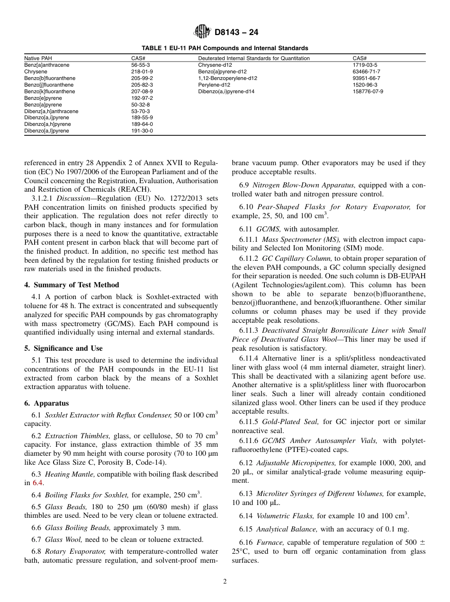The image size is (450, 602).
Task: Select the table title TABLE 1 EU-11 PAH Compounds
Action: tap(225, 48)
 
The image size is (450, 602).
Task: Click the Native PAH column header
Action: tap(38, 58)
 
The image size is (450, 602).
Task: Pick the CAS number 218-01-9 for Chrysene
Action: tap(142, 71)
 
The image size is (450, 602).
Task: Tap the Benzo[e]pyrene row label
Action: tap(43, 98)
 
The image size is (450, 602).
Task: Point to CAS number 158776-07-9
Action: tap(368, 91)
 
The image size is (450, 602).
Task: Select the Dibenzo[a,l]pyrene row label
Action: tap(46, 131)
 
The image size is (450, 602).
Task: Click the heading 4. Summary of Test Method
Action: tap(72, 285)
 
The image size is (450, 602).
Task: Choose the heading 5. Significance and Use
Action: tap(63, 348)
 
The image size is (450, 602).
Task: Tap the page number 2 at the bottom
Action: tap(225, 582)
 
